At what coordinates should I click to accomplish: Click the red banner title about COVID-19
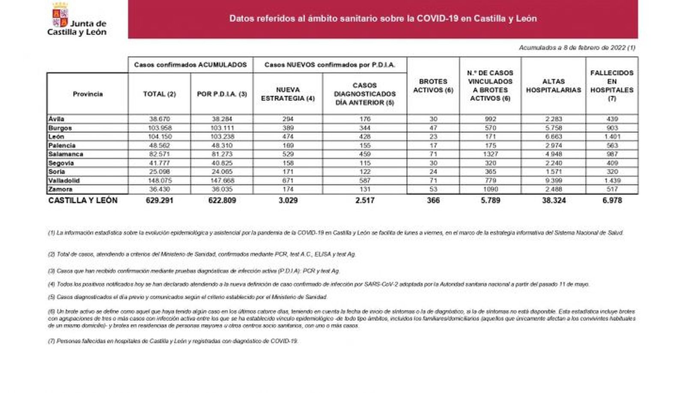point(383,19)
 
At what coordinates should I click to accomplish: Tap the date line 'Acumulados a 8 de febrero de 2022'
point(577,48)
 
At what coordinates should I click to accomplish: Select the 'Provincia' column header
point(88,94)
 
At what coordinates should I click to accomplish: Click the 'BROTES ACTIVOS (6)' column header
point(433,86)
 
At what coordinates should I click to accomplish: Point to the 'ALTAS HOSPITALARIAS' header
point(553,86)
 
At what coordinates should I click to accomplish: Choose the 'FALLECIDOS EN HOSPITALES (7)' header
point(612,86)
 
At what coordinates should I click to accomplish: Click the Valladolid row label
point(64,180)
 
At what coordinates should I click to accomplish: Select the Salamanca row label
point(66,154)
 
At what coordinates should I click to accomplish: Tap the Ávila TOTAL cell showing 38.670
point(159,119)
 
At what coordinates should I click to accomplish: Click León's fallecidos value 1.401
point(612,137)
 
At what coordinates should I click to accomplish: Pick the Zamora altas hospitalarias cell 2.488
point(553,189)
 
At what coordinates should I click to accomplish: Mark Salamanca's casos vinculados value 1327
point(490,154)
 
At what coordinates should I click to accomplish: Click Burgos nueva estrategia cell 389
point(288,128)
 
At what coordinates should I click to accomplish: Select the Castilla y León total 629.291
point(159,200)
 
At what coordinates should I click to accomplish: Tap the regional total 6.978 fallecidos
point(612,200)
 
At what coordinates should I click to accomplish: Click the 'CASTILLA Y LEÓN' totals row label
point(83,200)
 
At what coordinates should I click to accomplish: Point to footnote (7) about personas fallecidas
point(173,341)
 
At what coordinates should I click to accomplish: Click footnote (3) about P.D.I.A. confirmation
point(194,271)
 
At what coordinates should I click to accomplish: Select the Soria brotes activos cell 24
point(433,171)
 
